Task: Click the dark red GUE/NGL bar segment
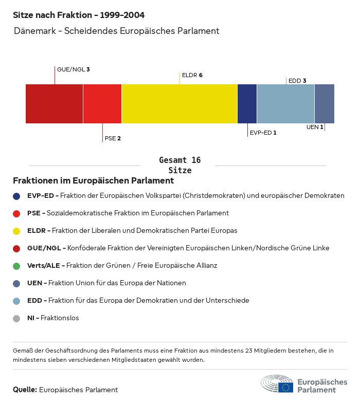click(54, 103)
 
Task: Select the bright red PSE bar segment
click(102, 103)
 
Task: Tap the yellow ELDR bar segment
click(179, 103)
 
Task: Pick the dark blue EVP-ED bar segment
click(247, 103)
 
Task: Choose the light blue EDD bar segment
click(285, 103)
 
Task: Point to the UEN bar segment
click(324, 103)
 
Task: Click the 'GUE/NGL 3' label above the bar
click(74, 69)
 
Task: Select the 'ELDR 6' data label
click(192, 75)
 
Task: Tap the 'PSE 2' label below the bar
click(113, 138)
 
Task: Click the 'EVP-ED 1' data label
click(263, 133)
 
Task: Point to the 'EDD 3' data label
click(297, 81)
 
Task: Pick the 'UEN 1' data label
click(315, 127)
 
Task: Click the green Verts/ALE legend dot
click(16, 266)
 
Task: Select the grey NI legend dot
click(16, 318)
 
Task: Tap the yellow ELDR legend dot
click(16, 231)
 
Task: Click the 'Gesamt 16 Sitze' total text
click(179, 165)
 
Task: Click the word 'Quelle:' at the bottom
click(25, 390)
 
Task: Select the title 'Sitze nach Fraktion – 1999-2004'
click(79, 15)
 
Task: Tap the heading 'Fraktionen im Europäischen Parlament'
click(93, 181)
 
